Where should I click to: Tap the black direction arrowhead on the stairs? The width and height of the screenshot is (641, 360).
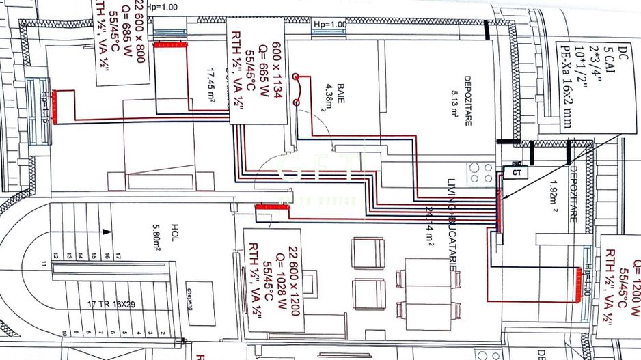point(106,232)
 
